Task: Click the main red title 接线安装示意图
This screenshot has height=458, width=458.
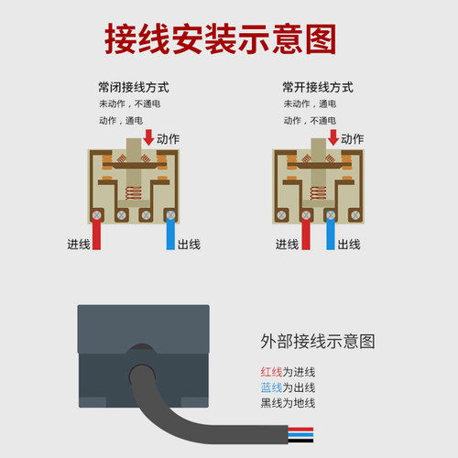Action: coord(220,39)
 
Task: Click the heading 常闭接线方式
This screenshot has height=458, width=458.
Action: coord(134,87)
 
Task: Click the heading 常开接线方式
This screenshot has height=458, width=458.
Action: coord(318,87)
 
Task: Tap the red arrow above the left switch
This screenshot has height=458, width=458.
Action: coord(148,137)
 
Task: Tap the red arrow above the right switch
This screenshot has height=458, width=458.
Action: coord(333,137)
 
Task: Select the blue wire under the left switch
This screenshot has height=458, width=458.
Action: coord(170,232)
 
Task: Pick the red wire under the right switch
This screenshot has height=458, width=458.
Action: coord(306,232)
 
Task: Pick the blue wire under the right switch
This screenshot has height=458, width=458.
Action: coord(331,232)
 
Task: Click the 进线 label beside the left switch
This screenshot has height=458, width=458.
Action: coord(79,245)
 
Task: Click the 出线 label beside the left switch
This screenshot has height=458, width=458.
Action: coord(189,245)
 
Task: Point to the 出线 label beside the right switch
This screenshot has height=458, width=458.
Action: coord(349,245)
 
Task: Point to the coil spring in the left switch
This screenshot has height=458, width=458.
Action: coord(134,193)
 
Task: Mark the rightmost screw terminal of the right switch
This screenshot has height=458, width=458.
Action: coord(355,215)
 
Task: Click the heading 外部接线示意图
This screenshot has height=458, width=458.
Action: coord(318,342)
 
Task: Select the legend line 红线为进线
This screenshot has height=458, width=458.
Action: coord(288,372)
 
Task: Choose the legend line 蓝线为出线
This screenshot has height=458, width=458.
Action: coord(288,387)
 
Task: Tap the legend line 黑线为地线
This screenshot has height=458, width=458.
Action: coord(288,403)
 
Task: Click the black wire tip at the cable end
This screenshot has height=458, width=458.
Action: coord(300,441)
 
